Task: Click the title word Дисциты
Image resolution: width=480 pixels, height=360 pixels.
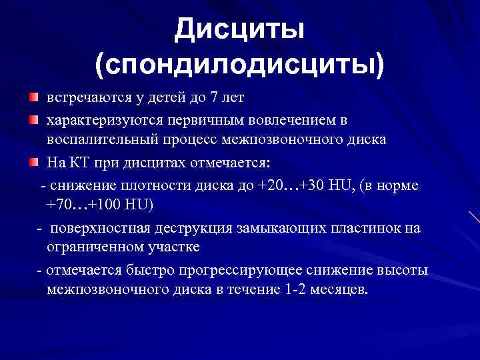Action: pyautogui.click(x=239, y=30)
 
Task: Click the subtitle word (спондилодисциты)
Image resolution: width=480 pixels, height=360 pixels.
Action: pyautogui.click(x=239, y=65)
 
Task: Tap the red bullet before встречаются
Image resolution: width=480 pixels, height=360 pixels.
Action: pyautogui.click(x=33, y=99)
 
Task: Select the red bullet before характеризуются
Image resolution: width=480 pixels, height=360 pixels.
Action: pyautogui.click(x=33, y=120)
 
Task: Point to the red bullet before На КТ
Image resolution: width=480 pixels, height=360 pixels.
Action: pyautogui.click(x=33, y=163)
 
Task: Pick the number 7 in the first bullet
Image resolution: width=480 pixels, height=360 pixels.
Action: pyautogui.click(x=213, y=99)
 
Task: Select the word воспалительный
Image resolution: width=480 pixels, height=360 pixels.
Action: pyautogui.click(x=97, y=141)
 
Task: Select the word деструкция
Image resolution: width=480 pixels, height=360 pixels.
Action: pyautogui.click(x=192, y=228)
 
